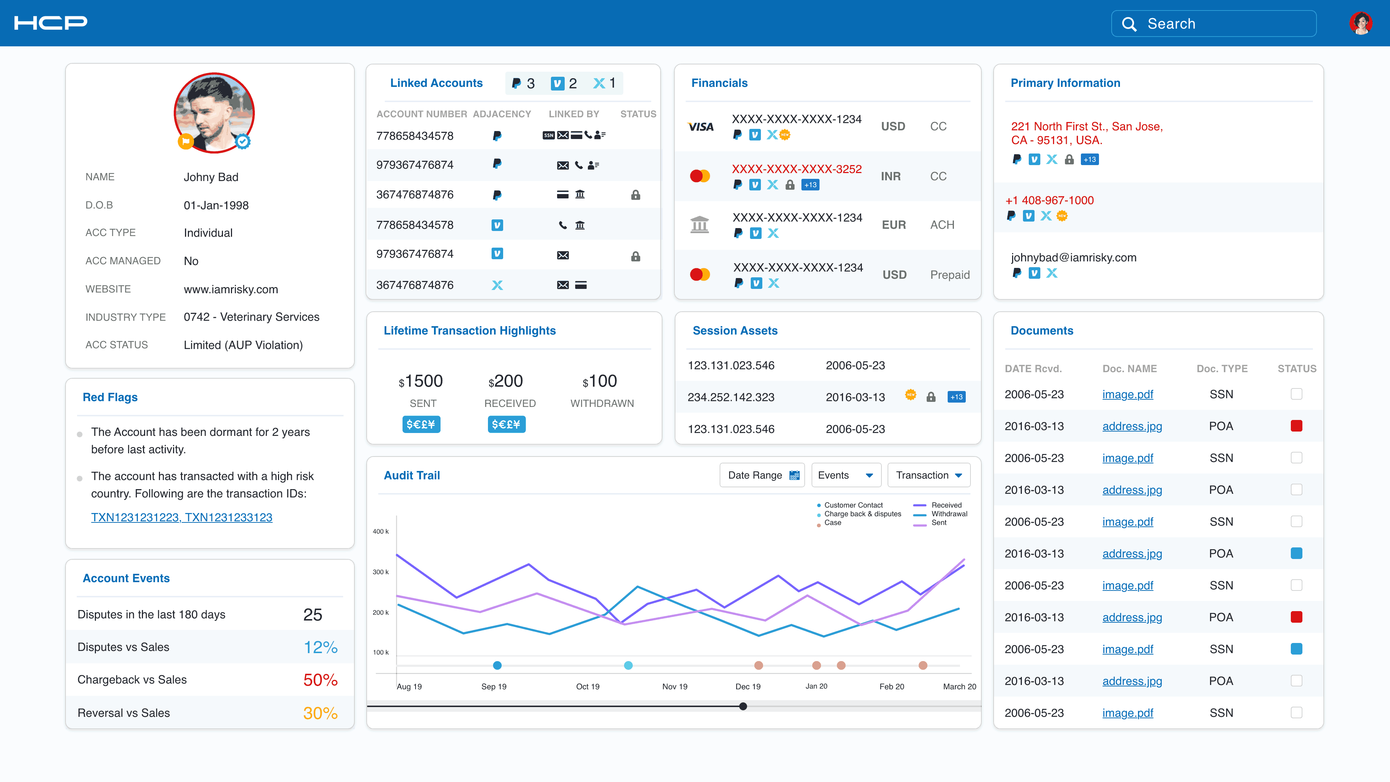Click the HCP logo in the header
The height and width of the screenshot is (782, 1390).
[51, 23]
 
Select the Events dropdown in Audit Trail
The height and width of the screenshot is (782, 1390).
[846, 475]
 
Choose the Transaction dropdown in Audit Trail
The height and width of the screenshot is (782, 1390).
[928, 475]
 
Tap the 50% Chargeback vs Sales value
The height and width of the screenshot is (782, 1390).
[320, 680]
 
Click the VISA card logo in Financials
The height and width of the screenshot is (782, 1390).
[700, 127]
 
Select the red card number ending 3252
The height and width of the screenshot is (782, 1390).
[796, 169]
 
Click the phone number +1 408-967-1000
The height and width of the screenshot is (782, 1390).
[1049, 200]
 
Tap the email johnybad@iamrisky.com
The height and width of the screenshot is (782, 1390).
[1073, 257]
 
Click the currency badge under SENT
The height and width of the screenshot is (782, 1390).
[421, 424]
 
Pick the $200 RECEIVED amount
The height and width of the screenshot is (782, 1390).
[506, 381]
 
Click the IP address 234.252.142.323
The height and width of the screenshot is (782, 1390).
[730, 397]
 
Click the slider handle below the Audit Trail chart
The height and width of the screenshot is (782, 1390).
[743, 706]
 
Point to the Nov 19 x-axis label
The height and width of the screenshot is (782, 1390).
[674, 686]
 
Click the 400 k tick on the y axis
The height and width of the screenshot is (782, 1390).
[380, 531]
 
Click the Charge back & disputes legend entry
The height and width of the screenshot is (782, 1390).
[862, 514]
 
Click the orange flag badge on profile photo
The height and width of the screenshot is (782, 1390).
[185, 142]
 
